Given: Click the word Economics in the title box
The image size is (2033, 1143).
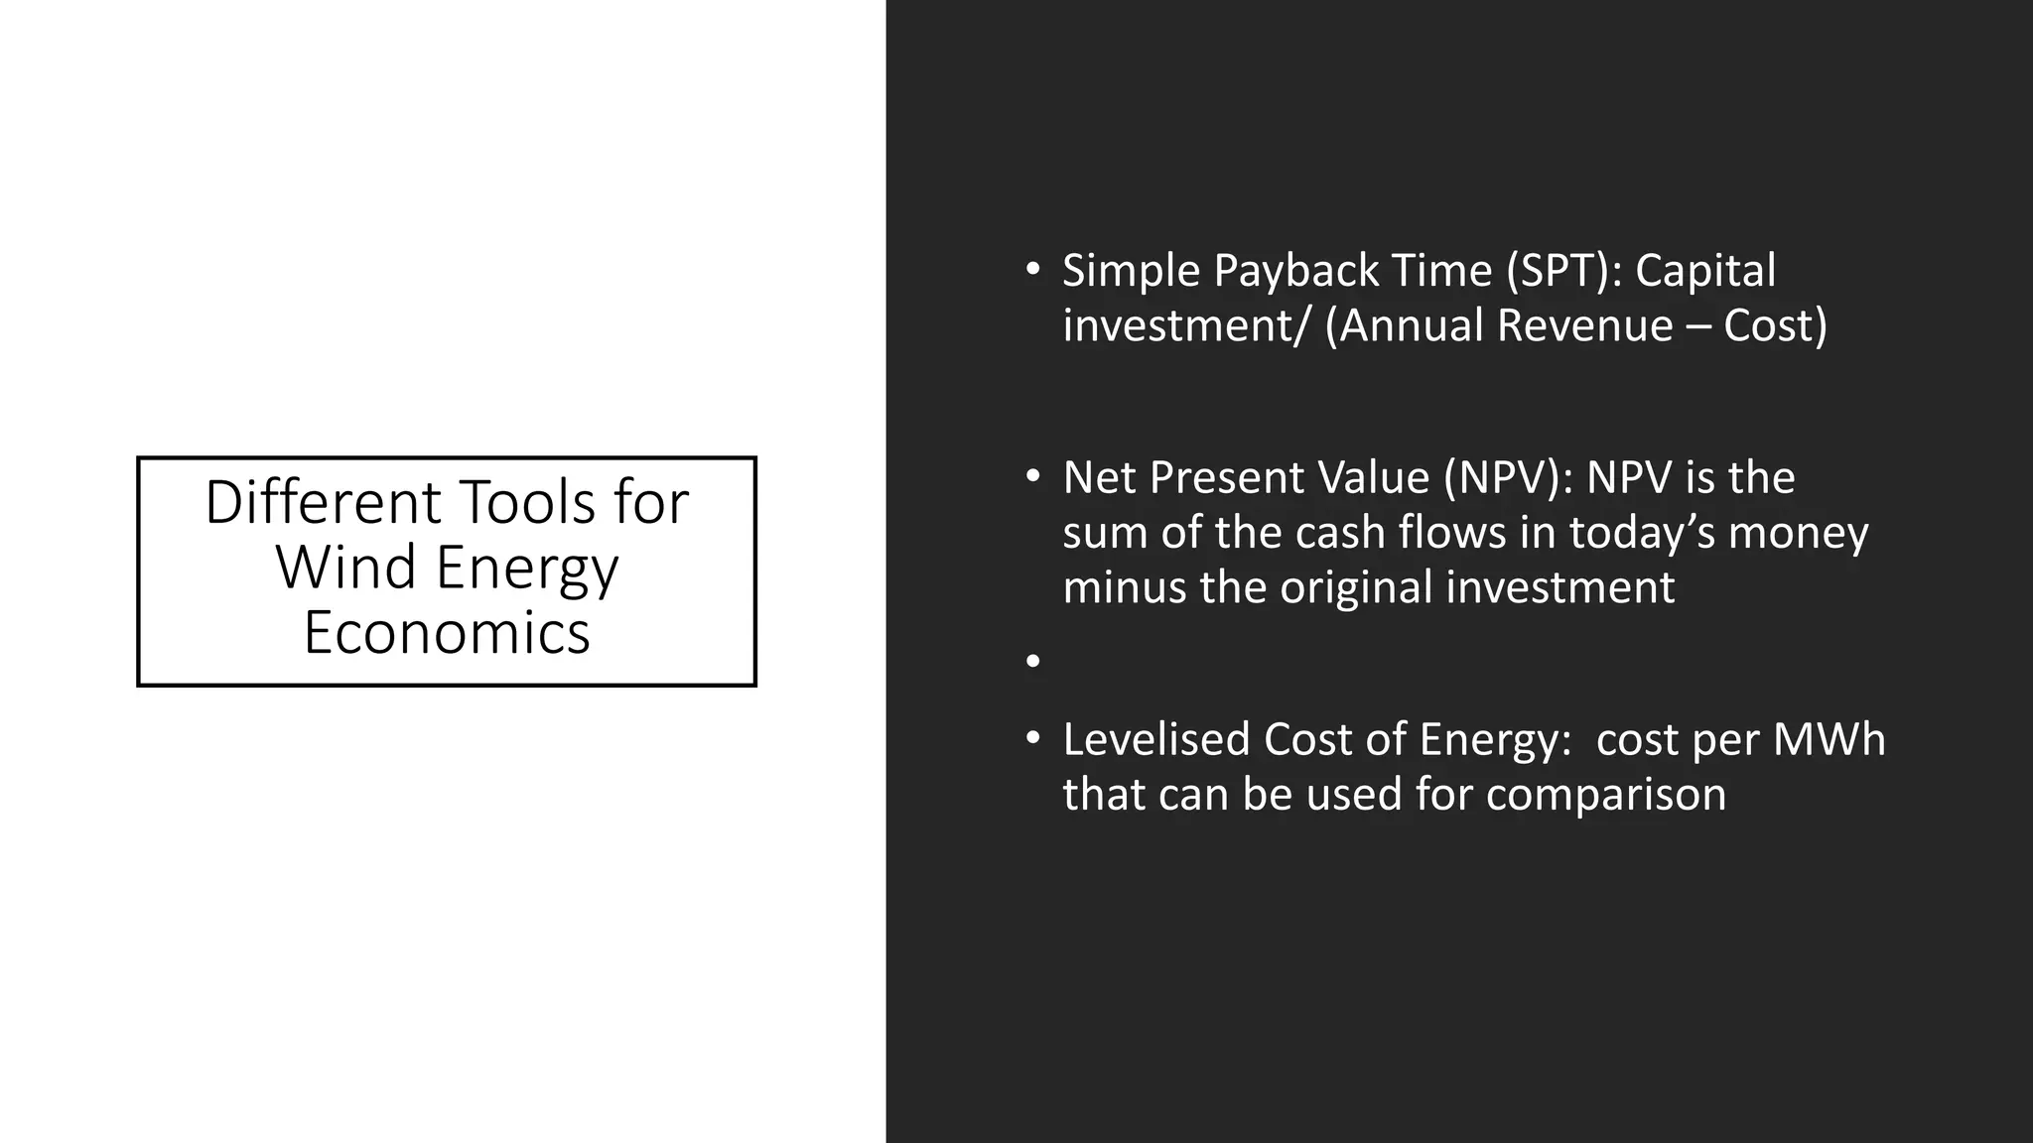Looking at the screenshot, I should point(447,633).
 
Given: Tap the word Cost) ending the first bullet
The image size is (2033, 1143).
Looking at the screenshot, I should point(1775,325).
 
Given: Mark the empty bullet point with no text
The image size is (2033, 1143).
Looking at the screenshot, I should point(1033,661).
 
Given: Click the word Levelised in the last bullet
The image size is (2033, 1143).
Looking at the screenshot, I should point(1155,740).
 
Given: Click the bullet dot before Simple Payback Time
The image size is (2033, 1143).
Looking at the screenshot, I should point(1033,270).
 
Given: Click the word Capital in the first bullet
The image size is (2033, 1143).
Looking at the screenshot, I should point(1704,271).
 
